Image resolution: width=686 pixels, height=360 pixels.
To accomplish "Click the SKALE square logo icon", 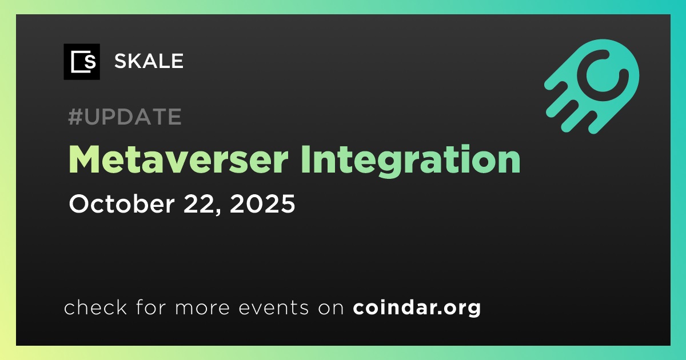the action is tap(82, 62).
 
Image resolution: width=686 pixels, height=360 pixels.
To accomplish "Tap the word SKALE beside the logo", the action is tap(149, 61).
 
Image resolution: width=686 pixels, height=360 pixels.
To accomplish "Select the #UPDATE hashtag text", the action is tap(125, 117).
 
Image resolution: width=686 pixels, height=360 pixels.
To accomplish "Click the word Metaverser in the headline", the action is tap(178, 159).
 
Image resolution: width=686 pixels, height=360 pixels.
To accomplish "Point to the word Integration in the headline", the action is tap(410, 161).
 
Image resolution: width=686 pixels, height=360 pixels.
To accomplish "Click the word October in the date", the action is tap(122, 203).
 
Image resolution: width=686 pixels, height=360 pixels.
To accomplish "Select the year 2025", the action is tap(262, 203).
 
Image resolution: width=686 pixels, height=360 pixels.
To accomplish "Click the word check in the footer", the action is tap(95, 307).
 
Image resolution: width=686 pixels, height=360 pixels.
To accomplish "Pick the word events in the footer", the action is tap(273, 307).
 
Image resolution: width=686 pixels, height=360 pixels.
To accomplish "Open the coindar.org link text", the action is tap(417, 307).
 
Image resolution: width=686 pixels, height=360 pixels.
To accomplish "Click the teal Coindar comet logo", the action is tap(592, 86).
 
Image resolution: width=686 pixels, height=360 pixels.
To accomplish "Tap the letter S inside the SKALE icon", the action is tap(90, 62).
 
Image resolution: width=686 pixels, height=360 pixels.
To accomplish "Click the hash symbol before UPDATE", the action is tap(75, 117).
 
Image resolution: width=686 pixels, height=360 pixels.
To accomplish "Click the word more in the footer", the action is tap(202, 308).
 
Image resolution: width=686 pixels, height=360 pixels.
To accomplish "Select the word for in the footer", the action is tap(151, 307).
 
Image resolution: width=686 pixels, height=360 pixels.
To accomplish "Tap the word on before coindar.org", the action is tap(331, 308).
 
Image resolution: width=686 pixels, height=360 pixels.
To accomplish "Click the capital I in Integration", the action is tap(305, 159).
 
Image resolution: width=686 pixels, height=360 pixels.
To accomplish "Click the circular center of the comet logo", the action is tap(603, 75).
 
